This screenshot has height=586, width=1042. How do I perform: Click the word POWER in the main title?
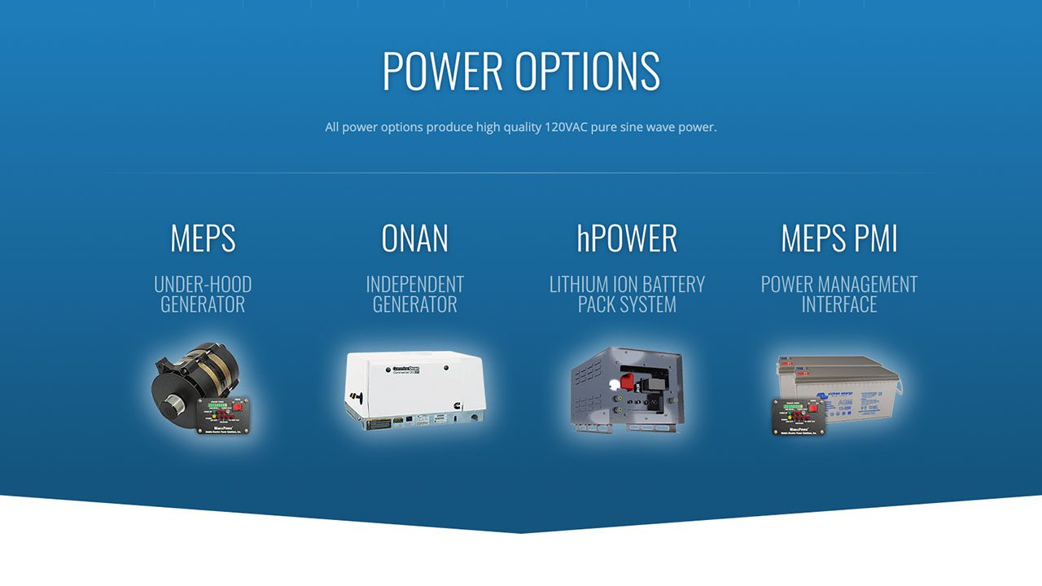click(x=443, y=71)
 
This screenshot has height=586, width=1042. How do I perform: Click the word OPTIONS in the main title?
click(x=587, y=71)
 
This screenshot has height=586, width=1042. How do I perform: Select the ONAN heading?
click(x=414, y=238)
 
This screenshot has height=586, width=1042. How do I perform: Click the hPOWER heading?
click(x=626, y=238)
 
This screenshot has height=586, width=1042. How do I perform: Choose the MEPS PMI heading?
click(x=838, y=238)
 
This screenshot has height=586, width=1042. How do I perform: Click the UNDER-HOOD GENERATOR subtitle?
click(x=203, y=294)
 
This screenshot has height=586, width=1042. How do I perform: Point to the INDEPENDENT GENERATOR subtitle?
click(x=414, y=294)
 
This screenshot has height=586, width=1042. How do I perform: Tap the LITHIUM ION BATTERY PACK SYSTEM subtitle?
click(x=626, y=294)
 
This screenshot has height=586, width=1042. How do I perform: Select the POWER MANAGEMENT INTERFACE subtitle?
click(x=838, y=294)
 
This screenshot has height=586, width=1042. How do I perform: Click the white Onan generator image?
click(x=414, y=388)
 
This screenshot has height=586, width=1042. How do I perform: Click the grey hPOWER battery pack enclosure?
click(x=626, y=389)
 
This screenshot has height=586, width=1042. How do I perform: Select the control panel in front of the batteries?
click(x=799, y=417)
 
